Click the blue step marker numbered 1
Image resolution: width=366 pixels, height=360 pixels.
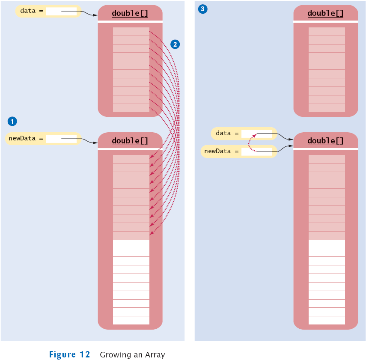click(12, 122)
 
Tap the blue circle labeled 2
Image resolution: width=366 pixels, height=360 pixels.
click(175, 44)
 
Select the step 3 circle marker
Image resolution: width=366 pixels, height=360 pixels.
click(202, 9)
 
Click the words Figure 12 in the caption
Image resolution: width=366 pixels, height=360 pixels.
click(69, 354)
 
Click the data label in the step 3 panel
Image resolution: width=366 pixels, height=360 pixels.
click(223, 133)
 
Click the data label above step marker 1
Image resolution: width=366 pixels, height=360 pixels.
click(28, 11)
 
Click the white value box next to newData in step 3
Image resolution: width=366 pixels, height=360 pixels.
click(256, 152)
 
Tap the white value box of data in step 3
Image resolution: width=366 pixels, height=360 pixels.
click(256, 134)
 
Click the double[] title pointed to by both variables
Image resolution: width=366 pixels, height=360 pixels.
click(325, 141)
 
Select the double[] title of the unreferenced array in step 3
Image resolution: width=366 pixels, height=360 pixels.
click(325, 13)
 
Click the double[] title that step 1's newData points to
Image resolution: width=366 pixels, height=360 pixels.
click(130, 141)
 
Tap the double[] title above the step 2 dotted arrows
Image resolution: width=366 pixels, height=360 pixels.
click(130, 13)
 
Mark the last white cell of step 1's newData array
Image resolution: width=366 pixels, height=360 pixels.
click(131, 320)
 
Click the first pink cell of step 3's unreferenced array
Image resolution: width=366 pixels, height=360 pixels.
click(327, 32)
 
